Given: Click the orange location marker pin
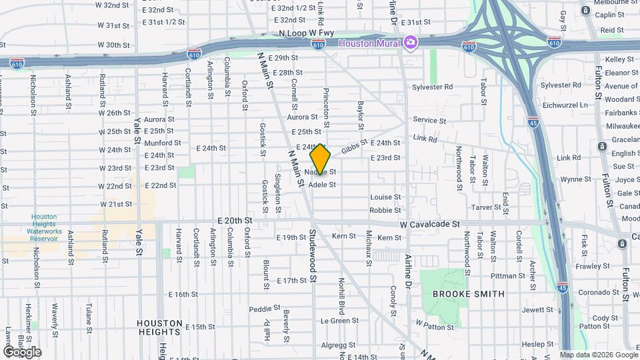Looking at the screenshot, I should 320,160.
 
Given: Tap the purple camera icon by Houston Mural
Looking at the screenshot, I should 411,43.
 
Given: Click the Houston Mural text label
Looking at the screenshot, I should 370,43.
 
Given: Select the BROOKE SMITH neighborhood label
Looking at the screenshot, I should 463,293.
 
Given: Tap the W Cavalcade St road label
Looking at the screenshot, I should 430,226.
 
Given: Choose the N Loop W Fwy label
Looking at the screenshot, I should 307,33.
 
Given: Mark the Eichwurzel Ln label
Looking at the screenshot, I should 565,105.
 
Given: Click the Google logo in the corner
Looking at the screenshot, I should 21,351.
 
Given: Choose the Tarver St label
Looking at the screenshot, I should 486,207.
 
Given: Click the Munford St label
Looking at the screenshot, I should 163,143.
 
